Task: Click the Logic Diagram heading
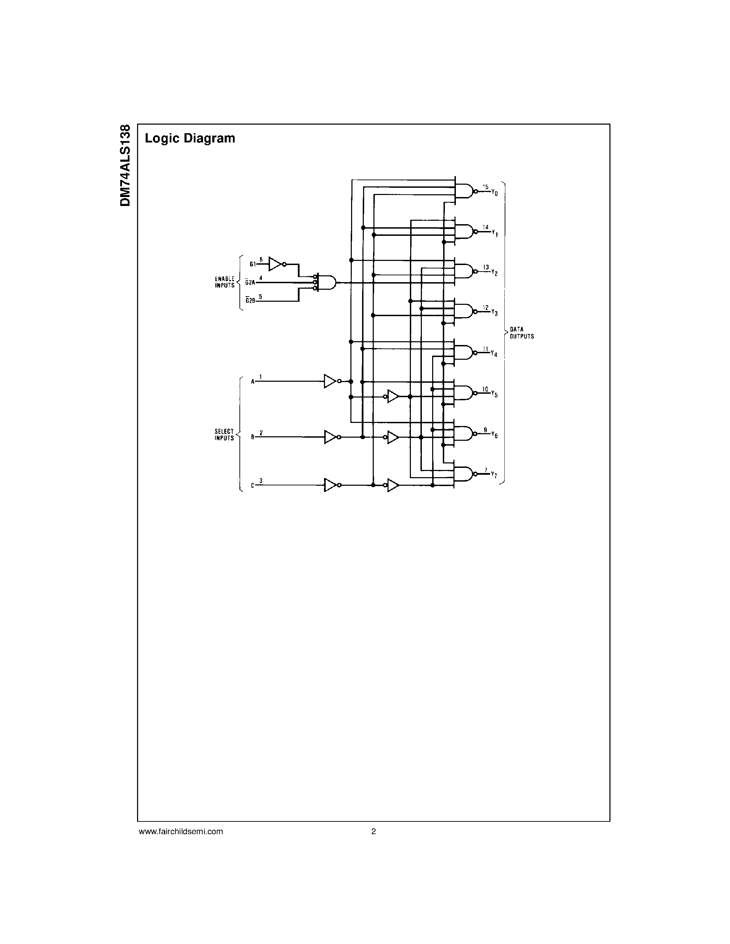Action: pyautogui.click(x=190, y=138)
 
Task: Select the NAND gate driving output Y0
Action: pyautogui.click(x=464, y=191)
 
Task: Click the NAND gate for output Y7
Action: pyautogui.click(x=464, y=474)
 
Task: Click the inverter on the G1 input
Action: pyautogui.click(x=276, y=264)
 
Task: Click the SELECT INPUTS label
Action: pyautogui.click(x=224, y=434)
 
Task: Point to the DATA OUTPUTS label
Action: pyautogui.click(x=521, y=333)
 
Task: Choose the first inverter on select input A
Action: pyautogui.click(x=330, y=381)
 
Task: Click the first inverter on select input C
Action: pyautogui.click(x=331, y=485)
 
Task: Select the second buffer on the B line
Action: pyautogui.click(x=393, y=437)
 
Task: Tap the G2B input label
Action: pyautogui.click(x=250, y=300)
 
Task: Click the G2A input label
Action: pyautogui.click(x=250, y=282)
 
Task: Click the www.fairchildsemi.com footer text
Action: pyautogui.click(x=181, y=831)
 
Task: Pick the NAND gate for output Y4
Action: pyautogui.click(x=464, y=353)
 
